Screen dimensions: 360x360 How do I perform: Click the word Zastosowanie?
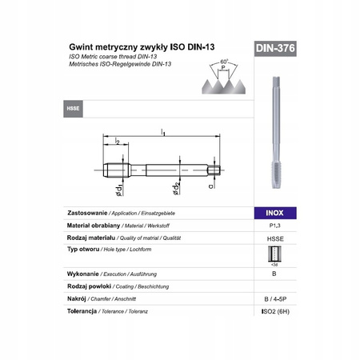(87, 214)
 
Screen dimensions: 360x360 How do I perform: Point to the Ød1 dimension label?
(118, 189)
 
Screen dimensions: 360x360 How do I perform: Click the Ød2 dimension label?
(174, 189)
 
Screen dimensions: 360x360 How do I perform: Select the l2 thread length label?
(117, 142)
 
